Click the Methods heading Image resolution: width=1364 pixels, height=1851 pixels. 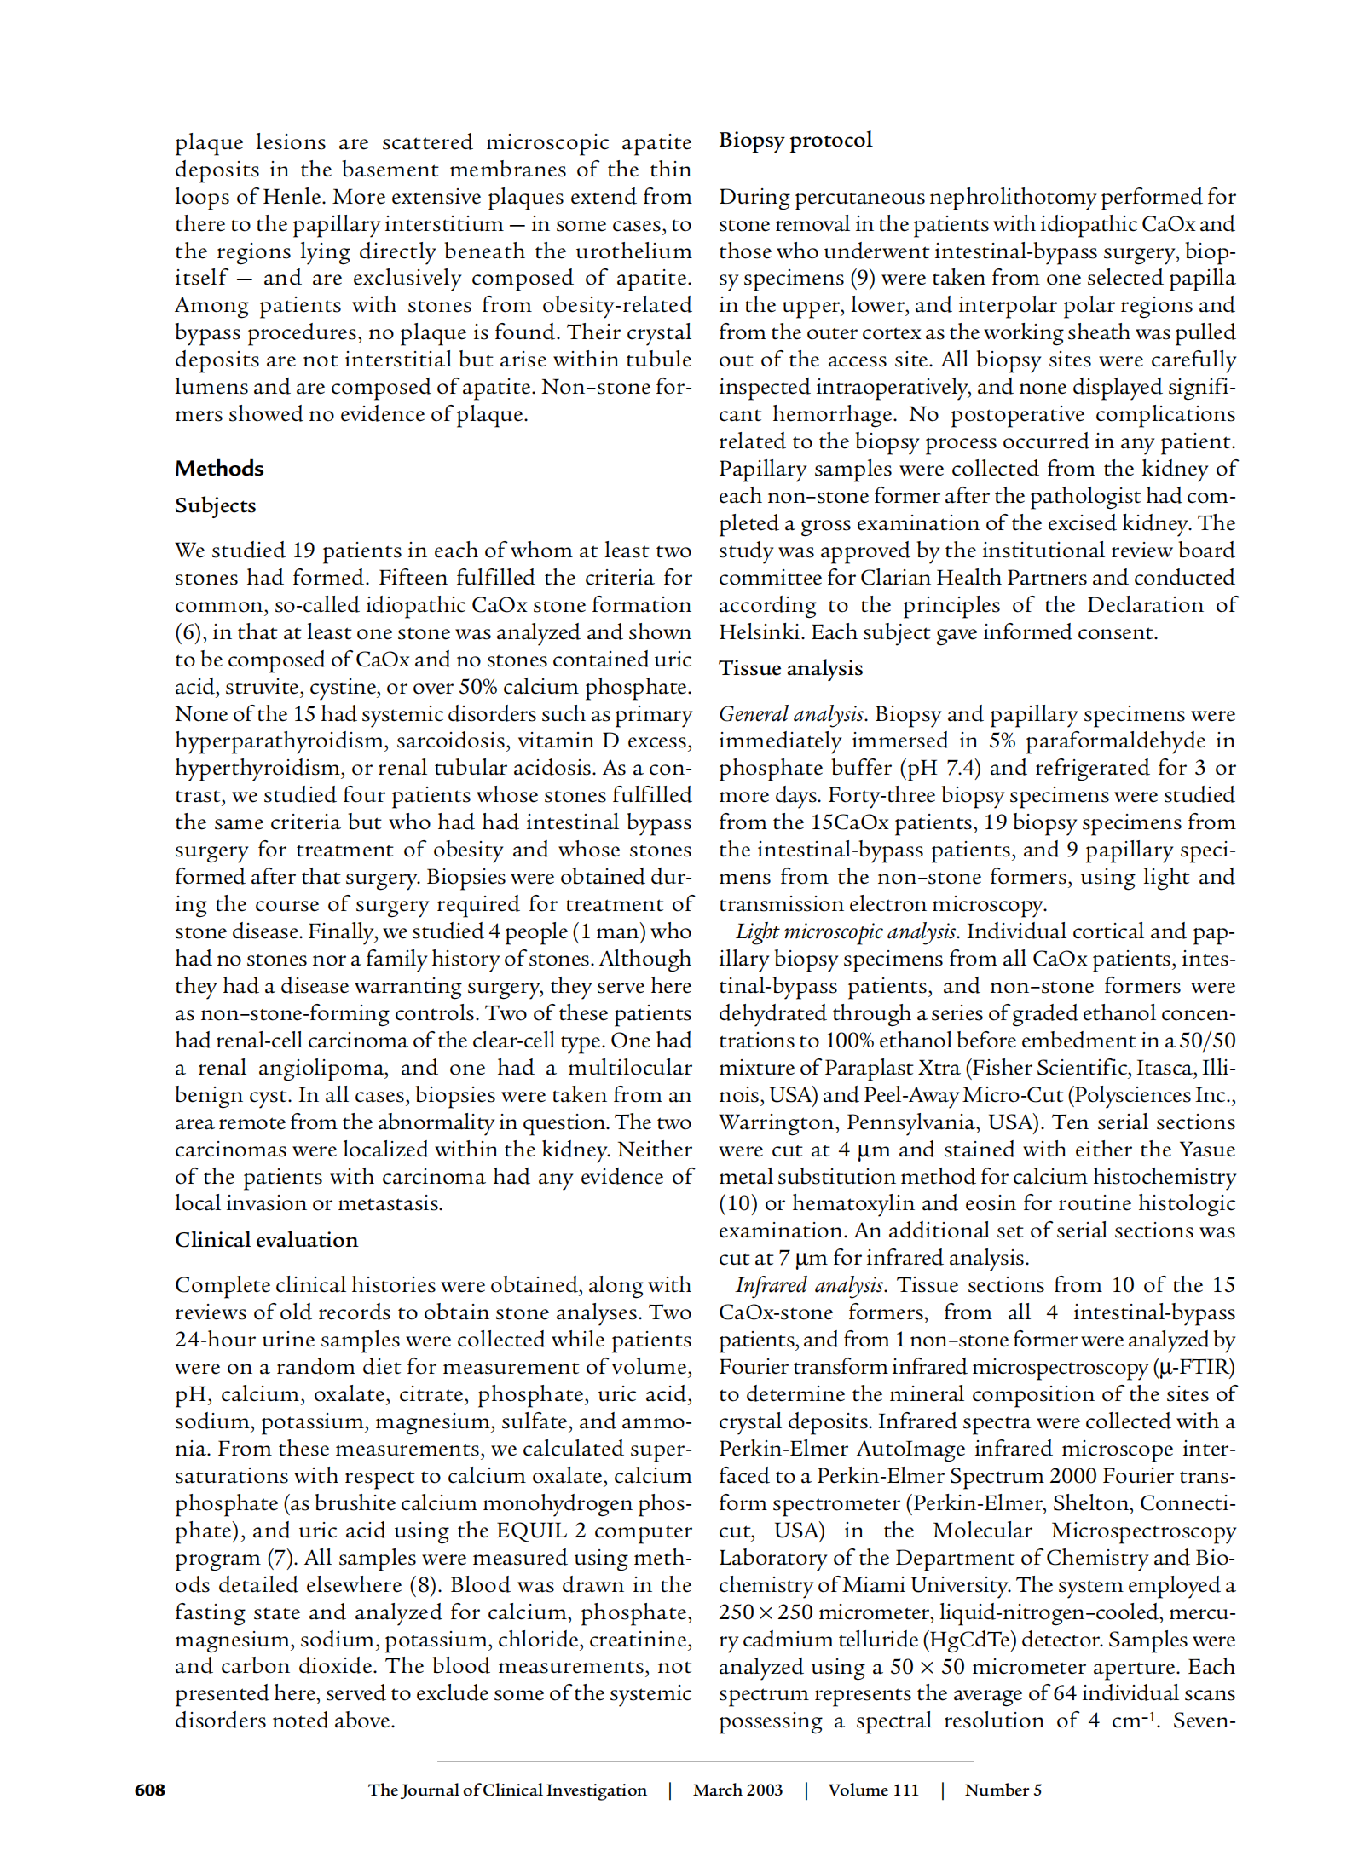(x=219, y=468)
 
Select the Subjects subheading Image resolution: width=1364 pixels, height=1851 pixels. (x=215, y=505)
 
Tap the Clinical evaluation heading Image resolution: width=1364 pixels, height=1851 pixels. (x=266, y=1240)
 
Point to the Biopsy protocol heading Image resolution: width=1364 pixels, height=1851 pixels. (x=795, y=140)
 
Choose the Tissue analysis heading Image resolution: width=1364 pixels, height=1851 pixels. (x=790, y=668)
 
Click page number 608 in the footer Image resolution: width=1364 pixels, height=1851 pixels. (x=150, y=1790)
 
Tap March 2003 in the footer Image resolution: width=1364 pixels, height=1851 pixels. (x=737, y=1790)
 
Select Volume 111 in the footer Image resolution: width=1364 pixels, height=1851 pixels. (x=873, y=1790)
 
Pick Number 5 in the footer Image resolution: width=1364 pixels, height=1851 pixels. (x=1003, y=1790)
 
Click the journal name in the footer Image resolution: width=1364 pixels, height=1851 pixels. (x=507, y=1790)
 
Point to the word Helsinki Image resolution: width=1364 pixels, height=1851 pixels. (x=761, y=632)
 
